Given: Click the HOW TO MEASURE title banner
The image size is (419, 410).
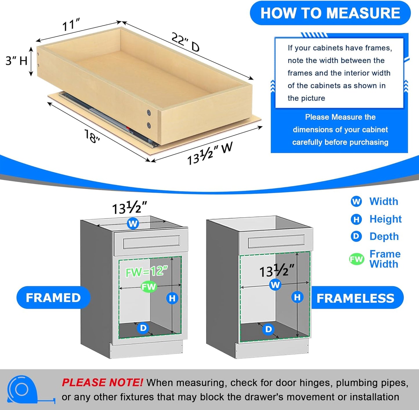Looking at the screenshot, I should coord(330,13).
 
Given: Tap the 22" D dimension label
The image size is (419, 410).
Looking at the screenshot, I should coord(186,42).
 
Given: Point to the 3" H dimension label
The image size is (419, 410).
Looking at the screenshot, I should coord(17,61).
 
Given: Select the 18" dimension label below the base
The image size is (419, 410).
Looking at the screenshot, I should coord(92,136).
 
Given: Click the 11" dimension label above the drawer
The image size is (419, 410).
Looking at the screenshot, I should coord(71,25).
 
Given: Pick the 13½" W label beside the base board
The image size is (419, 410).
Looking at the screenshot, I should coord(210,154).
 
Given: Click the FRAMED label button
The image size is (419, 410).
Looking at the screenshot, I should coord(53,298).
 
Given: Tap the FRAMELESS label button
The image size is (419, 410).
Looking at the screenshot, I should coord(355,298).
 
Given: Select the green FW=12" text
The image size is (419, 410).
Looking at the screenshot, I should coord(147,272).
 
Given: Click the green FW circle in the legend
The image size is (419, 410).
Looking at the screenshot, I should coord(356,259).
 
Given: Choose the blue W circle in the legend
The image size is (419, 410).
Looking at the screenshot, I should coord(356,202).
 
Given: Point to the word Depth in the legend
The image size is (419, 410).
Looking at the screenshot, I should coord(384,236).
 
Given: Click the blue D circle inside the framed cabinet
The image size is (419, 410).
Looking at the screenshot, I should coord(143,328).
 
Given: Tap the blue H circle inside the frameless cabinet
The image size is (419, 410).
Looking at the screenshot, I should coord(297,297).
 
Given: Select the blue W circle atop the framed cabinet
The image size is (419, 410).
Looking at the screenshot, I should coord(133,224).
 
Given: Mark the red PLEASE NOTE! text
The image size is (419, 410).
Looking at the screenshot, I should coord(102,382).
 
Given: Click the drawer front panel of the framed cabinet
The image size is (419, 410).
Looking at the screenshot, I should coord(151,242).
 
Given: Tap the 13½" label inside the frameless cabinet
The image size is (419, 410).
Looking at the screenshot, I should coord(277,271).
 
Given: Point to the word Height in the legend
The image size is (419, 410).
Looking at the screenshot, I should coord(385,219).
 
